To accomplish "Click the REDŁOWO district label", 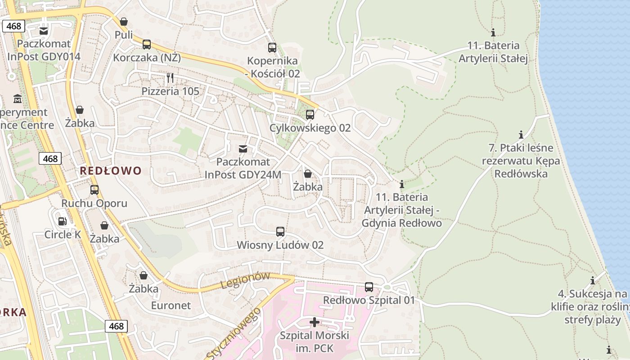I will (111, 171).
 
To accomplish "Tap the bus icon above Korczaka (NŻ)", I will (147, 45).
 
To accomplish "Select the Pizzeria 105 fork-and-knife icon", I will (170, 78).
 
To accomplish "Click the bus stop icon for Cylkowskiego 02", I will (310, 115).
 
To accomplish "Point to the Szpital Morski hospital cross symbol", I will (315, 322).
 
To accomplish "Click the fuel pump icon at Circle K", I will (62, 221).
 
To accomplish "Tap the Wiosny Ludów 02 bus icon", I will (280, 232).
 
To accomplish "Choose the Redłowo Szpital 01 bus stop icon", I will (369, 287).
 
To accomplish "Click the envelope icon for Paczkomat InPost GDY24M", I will (243, 148).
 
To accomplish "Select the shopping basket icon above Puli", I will (124, 22).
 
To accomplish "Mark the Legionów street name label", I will (245, 280).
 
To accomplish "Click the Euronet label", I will (171, 306).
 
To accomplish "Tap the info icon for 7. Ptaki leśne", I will (521, 135).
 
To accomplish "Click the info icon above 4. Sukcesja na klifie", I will (593, 280).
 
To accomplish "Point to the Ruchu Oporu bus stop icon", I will (94, 190).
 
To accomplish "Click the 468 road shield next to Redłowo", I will (50, 158).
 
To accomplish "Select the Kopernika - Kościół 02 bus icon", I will (272, 47).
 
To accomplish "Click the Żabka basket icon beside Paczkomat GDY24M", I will (308, 173).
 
